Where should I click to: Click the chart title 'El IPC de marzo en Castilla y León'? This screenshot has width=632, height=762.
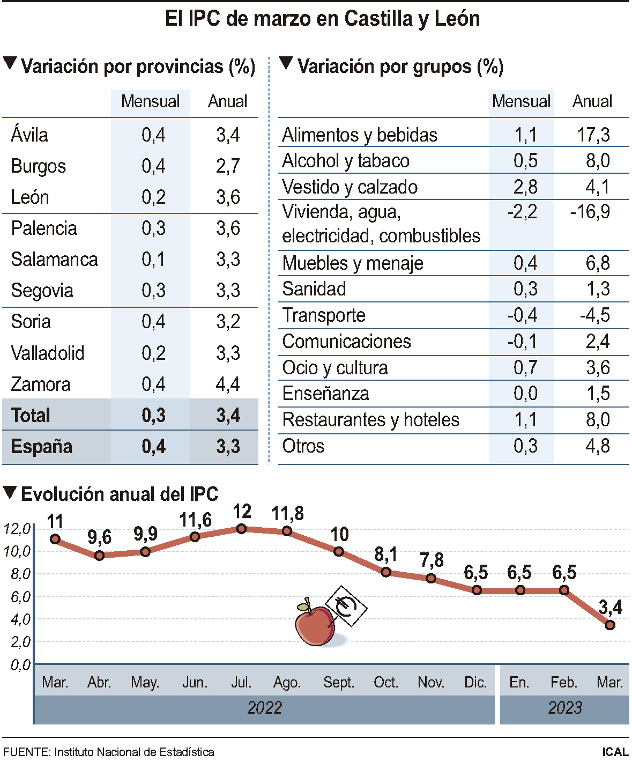coord(322,19)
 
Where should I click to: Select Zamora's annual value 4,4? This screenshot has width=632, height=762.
coord(228,384)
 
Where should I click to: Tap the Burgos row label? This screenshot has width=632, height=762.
coord(38,166)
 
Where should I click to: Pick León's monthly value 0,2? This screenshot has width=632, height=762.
coord(153,197)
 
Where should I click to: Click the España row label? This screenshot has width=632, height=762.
coord(41,447)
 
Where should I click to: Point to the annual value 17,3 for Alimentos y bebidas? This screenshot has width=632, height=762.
coord(593,135)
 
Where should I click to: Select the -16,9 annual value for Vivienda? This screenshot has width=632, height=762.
coord(590,212)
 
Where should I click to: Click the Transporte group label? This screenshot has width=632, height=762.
coord(324,315)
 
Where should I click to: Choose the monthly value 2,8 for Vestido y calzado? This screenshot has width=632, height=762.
coord(525,187)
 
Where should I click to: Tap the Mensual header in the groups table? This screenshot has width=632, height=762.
coord(521,101)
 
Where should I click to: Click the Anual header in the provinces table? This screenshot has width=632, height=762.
coord(228,101)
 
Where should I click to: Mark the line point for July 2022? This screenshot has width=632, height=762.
coord(241,529)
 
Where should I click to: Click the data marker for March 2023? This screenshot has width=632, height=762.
coord(609,625)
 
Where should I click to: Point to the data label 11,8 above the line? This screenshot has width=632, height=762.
coord(287,514)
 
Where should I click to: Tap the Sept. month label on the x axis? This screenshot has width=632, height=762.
coord(339,682)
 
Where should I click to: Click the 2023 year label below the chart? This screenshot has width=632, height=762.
coord(564,708)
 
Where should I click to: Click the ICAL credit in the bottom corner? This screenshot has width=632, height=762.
coord(615,752)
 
